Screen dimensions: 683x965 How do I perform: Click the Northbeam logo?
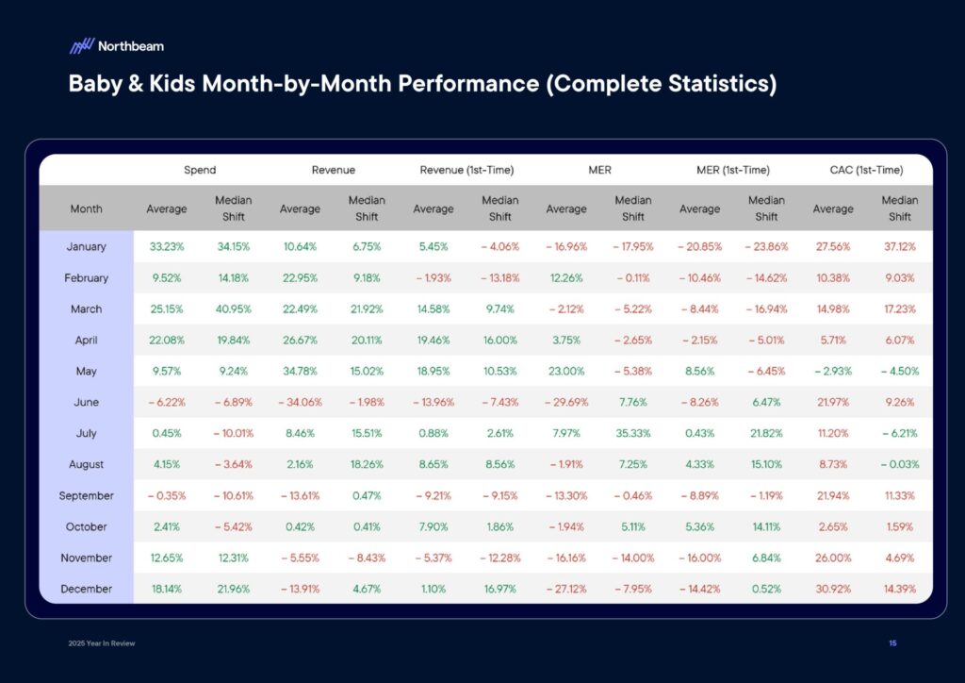[x=116, y=45]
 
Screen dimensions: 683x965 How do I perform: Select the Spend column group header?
[x=200, y=170]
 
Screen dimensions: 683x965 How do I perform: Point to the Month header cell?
[x=86, y=208]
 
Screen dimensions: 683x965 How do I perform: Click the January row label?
[x=86, y=247]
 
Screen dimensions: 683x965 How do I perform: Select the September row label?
[x=86, y=496]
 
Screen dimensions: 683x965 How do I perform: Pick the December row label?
[x=86, y=590]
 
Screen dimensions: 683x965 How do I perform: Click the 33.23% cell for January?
[x=167, y=247]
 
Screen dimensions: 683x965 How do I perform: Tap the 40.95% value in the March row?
[x=233, y=309]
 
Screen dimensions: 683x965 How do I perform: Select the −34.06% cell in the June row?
[x=300, y=403]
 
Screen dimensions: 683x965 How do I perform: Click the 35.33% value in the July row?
[x=633, y=434]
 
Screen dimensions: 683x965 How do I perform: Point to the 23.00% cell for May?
[x=567, y=372]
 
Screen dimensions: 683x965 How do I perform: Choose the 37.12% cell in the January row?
[x=900, y=247]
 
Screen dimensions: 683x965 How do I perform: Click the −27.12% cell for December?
[x=566, y=590]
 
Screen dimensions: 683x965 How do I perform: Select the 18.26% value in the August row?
[x=367, y=465]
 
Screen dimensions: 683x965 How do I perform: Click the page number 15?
[x=892, y=643]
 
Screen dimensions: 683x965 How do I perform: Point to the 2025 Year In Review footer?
[x=102, y=643]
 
